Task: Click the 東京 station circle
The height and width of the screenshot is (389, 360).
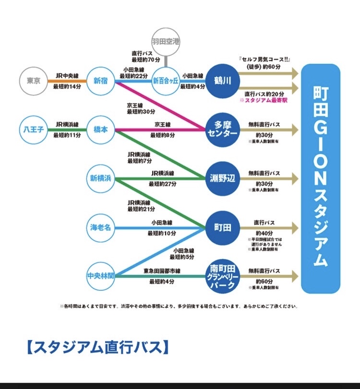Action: [34, 81]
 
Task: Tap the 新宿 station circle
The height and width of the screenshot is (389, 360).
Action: [101, 81]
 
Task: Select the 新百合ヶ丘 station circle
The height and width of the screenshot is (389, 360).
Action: [166, 81]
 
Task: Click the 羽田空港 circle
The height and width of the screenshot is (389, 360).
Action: [166, 42]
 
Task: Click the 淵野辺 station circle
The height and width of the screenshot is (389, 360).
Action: [222, 178]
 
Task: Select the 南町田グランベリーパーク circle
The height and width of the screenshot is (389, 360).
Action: [222, 276]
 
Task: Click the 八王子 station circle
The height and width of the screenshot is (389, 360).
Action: [34, 130]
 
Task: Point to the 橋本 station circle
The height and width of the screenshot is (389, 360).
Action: [101, 130]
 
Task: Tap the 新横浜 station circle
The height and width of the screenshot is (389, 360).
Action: [101, 178]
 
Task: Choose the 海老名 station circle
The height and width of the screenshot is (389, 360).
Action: [101, 227]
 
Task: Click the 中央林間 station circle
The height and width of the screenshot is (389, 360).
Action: [101, 276]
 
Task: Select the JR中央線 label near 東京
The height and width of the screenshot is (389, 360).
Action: [67, 75]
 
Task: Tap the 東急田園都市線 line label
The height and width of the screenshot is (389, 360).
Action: [162, 271]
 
